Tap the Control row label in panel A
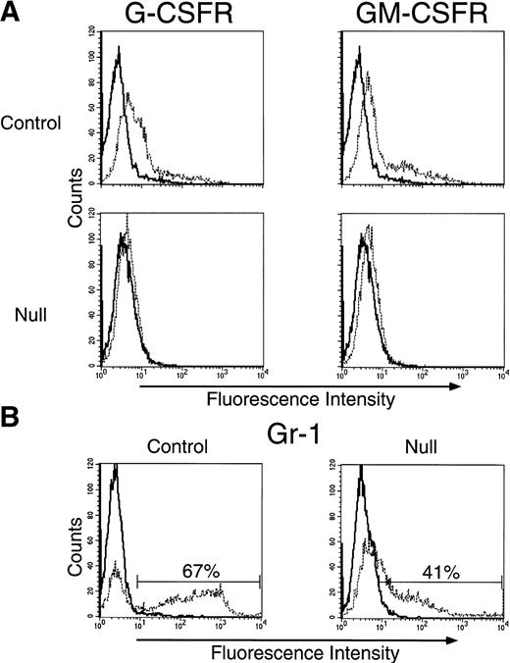click(29, 124)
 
